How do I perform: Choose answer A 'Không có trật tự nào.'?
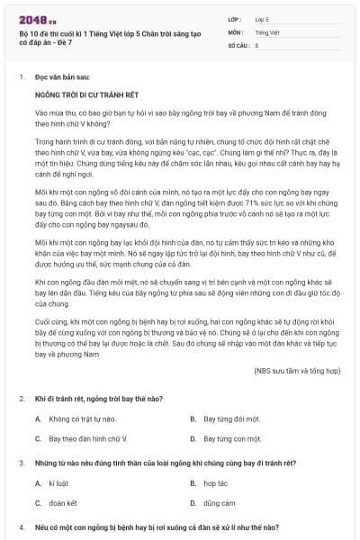pos(83,418)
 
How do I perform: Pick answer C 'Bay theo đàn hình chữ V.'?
pos(90,438)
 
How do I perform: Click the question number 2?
pos(21,398)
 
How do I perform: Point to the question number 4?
pos(21,526)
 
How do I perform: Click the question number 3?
pos(21,463)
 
